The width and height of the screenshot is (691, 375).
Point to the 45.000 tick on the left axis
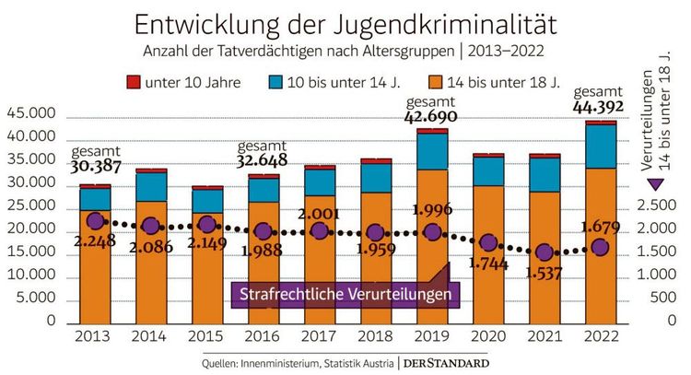31,114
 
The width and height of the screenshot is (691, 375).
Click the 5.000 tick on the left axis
35,299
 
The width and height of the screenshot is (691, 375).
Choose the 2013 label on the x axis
96,338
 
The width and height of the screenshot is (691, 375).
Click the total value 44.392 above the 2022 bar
600,108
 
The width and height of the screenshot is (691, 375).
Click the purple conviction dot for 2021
544,252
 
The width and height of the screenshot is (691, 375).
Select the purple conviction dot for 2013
95,221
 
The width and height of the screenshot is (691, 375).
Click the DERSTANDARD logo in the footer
446,363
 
